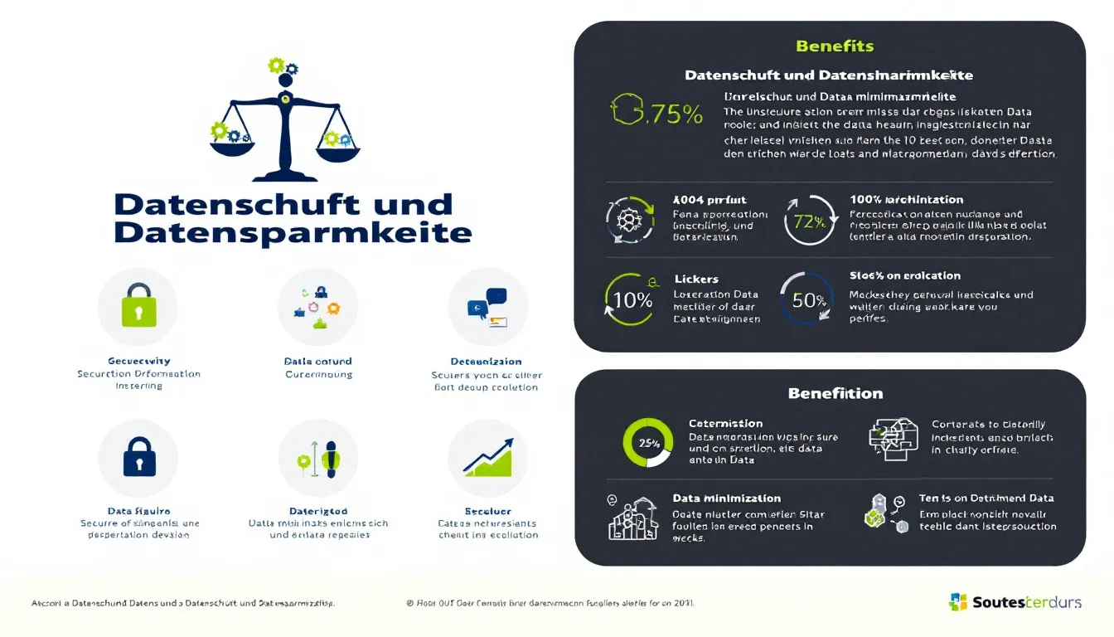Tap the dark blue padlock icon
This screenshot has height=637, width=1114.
point(138,457)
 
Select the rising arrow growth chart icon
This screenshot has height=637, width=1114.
point(487,457)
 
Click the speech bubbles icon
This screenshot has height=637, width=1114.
point(488,306)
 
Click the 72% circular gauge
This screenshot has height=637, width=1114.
point(811,221)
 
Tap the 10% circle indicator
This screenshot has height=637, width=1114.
point(631,299)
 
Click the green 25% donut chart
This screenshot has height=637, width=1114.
point(647,442)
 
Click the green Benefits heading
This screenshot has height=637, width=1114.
point(835,46)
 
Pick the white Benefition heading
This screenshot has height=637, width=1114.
point(835,393)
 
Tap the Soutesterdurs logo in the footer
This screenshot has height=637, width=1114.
point(1015,602)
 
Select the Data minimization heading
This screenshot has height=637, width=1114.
point(726,498)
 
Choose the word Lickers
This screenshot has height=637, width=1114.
point(696,279)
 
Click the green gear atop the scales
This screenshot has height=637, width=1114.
point(276,65)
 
